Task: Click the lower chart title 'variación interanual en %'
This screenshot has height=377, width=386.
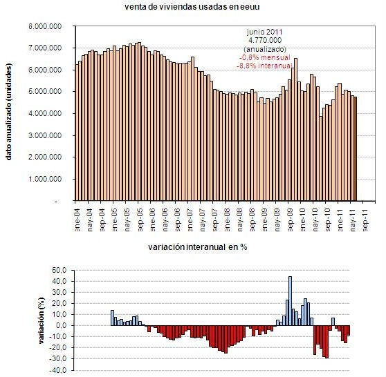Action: (197, 246)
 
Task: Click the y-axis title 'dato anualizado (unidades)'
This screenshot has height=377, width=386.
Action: (10, 114)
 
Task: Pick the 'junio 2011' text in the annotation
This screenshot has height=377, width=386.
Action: (265, 32)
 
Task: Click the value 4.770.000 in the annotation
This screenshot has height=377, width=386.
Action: (265, 41)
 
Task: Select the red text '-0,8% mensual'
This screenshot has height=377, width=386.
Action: (265, 58)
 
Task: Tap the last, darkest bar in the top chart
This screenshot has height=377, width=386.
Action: (356, 148)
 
